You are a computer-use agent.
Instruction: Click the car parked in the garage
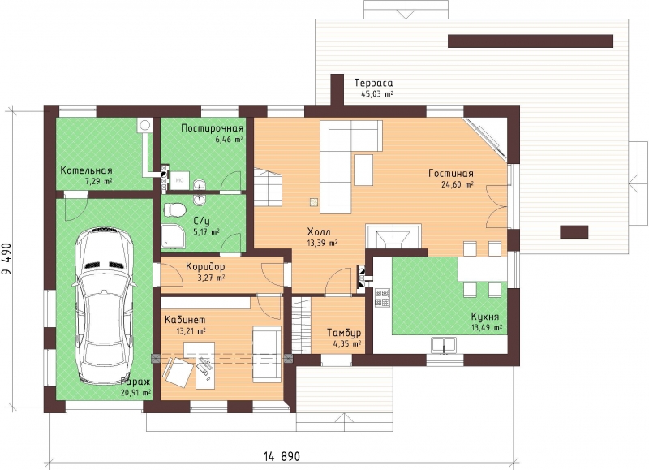point(104,305)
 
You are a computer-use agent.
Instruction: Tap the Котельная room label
point(87,170)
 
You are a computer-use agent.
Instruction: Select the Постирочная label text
point(212,128)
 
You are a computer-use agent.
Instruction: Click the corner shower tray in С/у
point(171,236)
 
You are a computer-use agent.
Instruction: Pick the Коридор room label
point(205,267)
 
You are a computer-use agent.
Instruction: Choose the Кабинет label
point(185,320)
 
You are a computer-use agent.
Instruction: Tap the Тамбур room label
point(344,333)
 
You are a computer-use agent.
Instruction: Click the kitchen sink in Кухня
point(443,345)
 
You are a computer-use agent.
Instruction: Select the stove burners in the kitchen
point(382,298)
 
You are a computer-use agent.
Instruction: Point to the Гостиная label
point(451,173)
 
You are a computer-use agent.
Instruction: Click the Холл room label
point(319,232)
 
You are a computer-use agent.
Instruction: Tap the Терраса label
point(374,84)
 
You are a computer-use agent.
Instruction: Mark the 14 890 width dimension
point(282,457)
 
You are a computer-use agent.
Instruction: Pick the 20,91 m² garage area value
point(135,392)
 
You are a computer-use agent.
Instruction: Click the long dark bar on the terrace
point(531,41)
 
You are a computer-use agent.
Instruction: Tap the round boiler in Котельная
point(144,125)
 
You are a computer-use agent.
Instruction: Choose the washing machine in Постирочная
point(180,180)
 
